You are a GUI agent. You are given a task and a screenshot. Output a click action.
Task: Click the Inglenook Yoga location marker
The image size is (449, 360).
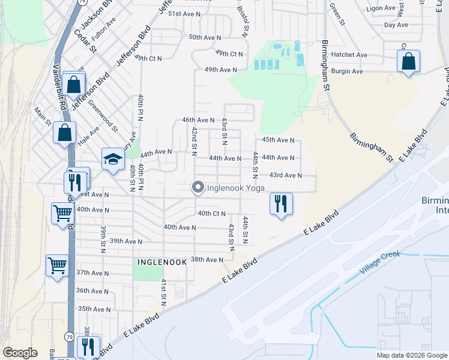pos(197,188)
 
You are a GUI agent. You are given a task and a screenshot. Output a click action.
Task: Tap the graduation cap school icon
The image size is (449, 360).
pos(112,160)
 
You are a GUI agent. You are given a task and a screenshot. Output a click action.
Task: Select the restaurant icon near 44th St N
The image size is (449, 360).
pos(280,205)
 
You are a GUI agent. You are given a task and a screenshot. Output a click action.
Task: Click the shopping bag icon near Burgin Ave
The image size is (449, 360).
pos(408,62)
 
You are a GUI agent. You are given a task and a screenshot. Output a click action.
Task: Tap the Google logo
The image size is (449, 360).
pos(20,353)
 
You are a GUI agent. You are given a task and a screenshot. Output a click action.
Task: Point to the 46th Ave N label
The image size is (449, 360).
pos(197,120)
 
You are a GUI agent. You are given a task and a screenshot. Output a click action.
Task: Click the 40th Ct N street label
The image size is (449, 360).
pos(211,213)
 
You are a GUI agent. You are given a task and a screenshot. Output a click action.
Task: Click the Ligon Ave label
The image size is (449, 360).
pos(382,8)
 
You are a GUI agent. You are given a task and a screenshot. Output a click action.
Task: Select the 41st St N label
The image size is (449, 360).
pos(163,295)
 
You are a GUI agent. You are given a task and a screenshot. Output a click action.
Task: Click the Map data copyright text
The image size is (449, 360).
pos(412,355)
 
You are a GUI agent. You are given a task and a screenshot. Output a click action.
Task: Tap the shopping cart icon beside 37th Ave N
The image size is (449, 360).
pos(57,265)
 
